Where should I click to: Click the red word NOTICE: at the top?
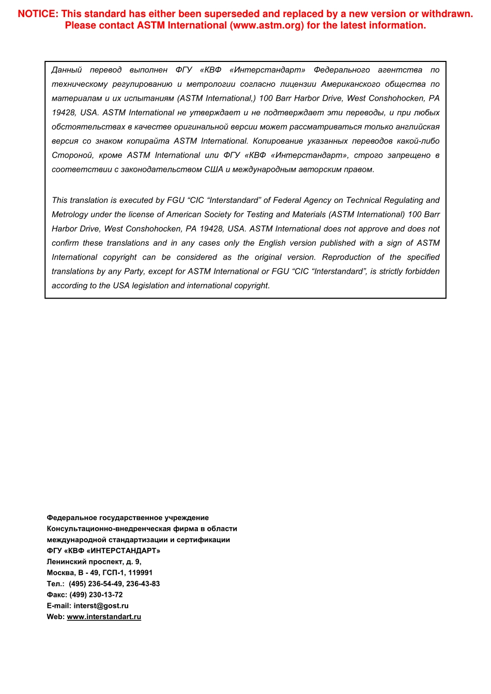click(38, 14)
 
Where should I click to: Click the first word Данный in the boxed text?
click(67, 70)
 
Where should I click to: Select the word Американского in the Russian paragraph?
click(350, 84)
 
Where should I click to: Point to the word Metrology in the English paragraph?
click(70, 214)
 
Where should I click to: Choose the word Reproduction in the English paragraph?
click(346, 257)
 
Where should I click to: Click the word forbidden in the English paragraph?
click(422, 271)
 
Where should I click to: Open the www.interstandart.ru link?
click(104, 617)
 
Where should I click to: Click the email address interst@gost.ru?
click(101, 606)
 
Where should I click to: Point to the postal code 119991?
click(140, 573)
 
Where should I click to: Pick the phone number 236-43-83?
click(143, 584)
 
